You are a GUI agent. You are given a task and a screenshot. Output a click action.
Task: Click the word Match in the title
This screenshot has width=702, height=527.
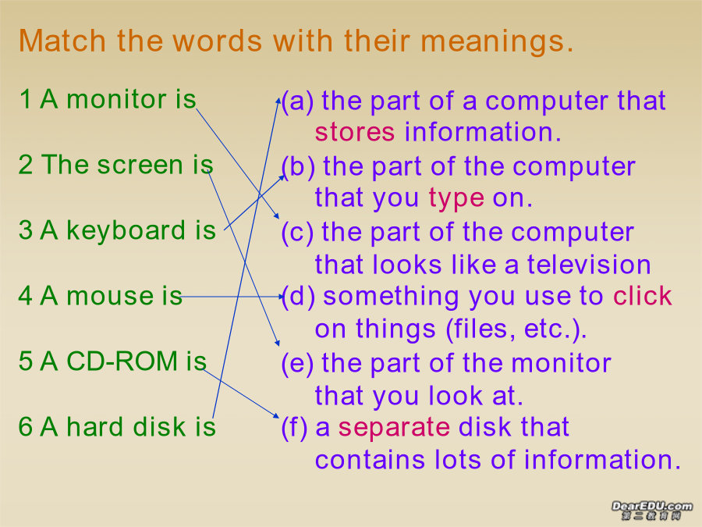(62, 41)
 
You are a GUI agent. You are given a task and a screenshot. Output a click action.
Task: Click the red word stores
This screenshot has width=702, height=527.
(355, 132)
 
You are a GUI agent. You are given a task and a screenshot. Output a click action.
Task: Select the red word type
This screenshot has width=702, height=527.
(456, 198)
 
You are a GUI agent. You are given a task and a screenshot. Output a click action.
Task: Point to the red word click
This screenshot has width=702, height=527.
(643, 296)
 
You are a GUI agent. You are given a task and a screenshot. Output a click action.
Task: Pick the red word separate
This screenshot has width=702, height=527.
(394, 428)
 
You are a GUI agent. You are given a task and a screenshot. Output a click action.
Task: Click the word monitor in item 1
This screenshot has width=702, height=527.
(116, 99)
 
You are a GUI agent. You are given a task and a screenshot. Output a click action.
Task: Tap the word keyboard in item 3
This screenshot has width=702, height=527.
(126, 230)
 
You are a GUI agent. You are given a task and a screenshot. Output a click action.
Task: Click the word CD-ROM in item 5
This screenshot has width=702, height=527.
(122, 361)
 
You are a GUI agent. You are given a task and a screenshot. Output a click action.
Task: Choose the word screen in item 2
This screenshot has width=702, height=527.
(140, 165)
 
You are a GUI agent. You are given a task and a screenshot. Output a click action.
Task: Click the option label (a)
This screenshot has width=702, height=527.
(297, 101)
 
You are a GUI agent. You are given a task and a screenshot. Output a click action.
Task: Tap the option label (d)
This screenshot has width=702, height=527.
(298, 296)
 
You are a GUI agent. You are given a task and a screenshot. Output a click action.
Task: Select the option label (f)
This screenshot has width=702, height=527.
(294, 428)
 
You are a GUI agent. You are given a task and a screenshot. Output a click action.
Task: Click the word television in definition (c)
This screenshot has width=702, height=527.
(589, 265)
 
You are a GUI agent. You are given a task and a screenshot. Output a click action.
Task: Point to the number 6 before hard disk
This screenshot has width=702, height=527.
(25, 426)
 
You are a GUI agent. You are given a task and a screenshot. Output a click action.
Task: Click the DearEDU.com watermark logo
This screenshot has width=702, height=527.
(652, 510)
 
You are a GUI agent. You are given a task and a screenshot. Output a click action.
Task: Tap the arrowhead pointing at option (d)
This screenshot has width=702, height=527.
(280, 296)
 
